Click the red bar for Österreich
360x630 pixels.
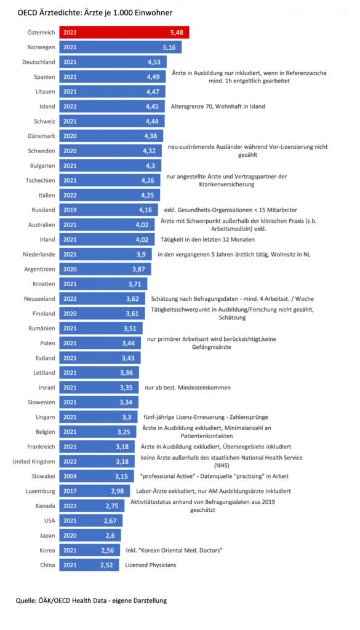point(124,33)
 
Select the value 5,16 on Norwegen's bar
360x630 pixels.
point(169,47)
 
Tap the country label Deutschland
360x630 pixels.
point(39,62)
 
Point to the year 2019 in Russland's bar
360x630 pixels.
point(70,209)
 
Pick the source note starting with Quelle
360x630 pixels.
point(91,600)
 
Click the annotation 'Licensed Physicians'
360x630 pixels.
point(151,565)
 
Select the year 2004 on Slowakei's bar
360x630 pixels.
point(70,476)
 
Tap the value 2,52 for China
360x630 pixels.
point(107,565)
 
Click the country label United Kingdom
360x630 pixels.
point(34,461)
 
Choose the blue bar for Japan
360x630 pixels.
point(90,535)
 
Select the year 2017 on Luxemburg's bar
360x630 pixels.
point(70,491)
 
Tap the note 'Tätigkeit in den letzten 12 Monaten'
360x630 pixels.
point(207,239)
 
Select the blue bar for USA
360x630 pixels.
point(91,520)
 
